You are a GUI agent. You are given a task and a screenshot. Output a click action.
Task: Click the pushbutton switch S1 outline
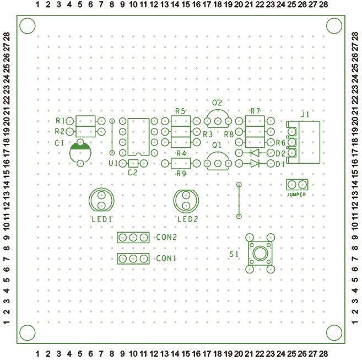click(x=259, y=253)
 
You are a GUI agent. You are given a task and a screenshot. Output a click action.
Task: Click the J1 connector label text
click(x=305, y=114)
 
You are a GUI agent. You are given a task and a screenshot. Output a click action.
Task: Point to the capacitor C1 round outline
click(x=80, y=153)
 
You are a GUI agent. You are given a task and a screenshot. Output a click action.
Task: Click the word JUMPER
click(x=296, y=195)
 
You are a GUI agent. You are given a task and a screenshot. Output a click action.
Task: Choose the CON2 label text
click(x=166, y=238)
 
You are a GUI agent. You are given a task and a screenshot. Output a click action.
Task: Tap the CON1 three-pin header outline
click(x=133, y=259)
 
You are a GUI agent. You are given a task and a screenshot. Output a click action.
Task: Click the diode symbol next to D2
click(x=255, y=153)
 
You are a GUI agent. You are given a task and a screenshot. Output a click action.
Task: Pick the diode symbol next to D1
click(x=255, y=164)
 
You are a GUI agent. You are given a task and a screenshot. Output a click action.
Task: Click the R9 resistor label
click(x=181, y=173)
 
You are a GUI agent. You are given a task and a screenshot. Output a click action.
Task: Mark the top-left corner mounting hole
click(x=27, y=26)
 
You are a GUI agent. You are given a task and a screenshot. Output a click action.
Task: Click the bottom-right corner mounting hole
click(x=333, y=331)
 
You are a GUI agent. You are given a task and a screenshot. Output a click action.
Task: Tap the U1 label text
click(x=113, y=164)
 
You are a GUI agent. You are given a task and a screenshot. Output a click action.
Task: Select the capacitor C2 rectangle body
click(x=133, y=164)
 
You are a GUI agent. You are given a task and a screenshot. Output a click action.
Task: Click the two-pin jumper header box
click(x=297, y=184)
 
